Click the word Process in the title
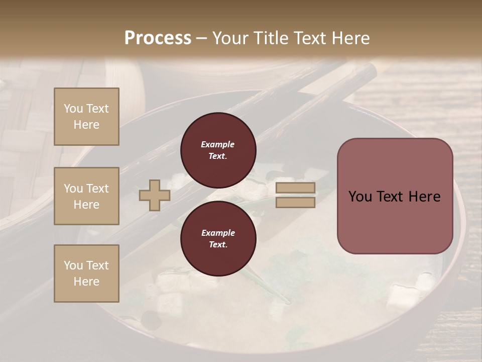(x=158, y=38)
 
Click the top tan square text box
(x=86, y=117)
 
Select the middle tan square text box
(x=86, y=196)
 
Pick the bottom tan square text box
(x=86, y=274)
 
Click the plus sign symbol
(x=155, y=195)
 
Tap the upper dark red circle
(x=218, y=150)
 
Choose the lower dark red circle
(x=218, y=238)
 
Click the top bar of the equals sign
(x=295, y=188)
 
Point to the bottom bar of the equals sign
(x=295, y=202)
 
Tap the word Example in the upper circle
(x=218, y=144)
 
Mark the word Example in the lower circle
(x=218, y=233)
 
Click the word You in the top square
(x=73, y=109)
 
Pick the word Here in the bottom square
(x=86, y=282)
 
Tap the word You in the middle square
(x=73, y=189)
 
